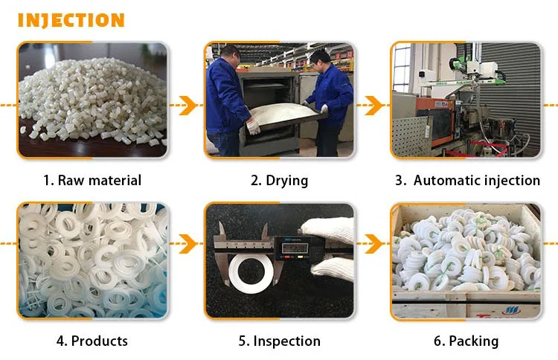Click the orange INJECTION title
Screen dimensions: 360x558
(x=71, y=20)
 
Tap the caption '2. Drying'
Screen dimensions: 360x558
(x=279, y=180)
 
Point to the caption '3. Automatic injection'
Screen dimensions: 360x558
(x=467, y=180)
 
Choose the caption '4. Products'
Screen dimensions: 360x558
(x=92, y=341)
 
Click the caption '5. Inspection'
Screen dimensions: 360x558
(x=279, y=341)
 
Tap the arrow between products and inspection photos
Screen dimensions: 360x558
(x=186, y=242)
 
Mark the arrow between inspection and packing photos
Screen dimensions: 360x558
(x=371, y=242)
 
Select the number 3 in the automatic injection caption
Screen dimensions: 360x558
(x=400, y=180)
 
